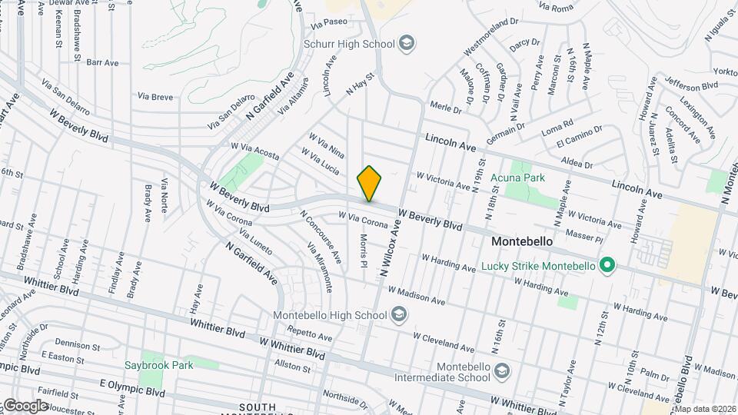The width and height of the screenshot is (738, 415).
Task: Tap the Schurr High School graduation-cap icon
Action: click(x=404, y=43)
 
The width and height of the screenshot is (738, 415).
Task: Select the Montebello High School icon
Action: click(x=398, y=314)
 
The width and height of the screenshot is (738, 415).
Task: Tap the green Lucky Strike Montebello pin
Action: click(x=607, y=266)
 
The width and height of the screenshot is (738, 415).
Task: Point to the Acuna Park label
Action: click(x=517, y=178)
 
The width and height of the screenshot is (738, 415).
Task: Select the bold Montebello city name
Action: click(x=522, y=241)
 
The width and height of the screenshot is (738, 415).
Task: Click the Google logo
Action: click(x=25, y=405)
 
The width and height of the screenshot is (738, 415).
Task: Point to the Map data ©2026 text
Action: click(x=704, y=408)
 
